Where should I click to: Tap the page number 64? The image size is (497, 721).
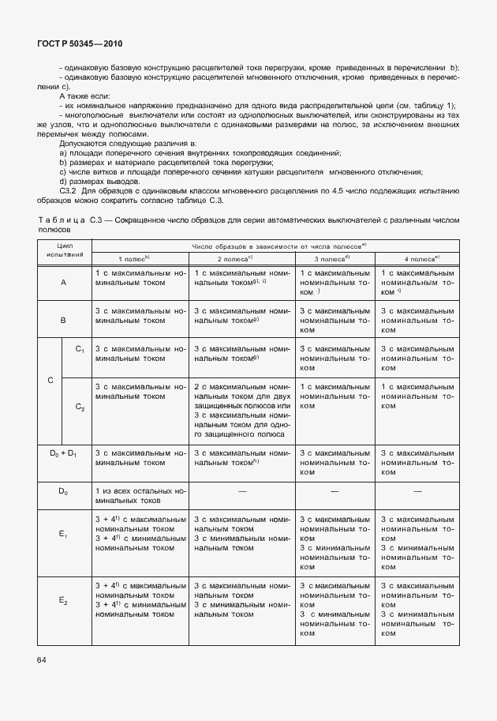(x=43, y=659)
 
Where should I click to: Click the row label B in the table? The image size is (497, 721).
(x=63, y=321)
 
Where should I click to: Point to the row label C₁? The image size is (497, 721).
(x=80, y=349)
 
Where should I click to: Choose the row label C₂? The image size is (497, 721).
(x=80, y=407)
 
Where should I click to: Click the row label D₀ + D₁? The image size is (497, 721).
(x=63, y=453)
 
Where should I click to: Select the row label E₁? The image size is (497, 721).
(x=63, y=535)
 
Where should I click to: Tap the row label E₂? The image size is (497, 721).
(x=63, y=601)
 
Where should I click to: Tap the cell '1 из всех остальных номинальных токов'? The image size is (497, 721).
(x=140, y=495)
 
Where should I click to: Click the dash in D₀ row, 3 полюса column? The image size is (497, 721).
(x=334, y=490)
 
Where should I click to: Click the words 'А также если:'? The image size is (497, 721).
(x=85, y=95)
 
